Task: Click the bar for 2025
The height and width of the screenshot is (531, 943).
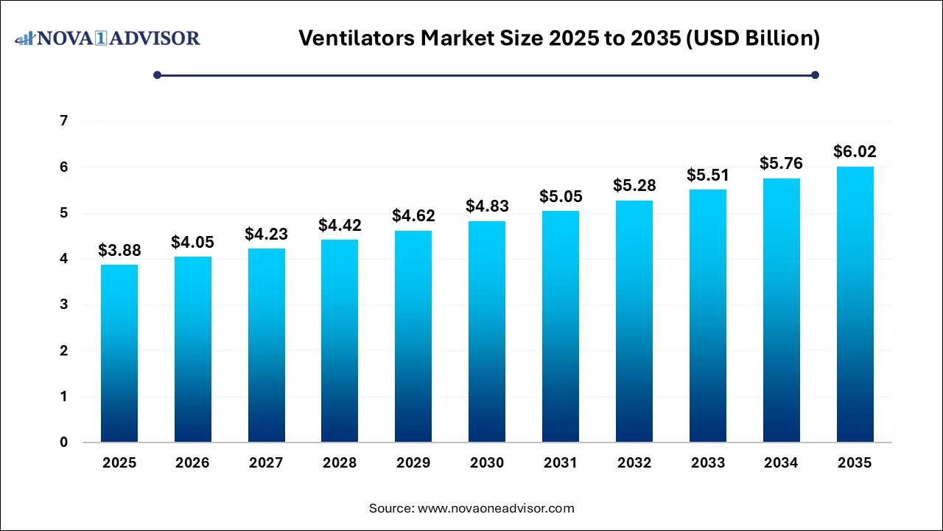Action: coord(119,353)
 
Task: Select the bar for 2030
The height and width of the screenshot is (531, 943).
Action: coord(487,331)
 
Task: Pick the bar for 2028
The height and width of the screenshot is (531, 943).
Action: coord(340,341)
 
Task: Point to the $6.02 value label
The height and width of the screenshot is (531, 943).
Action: coord(855,152)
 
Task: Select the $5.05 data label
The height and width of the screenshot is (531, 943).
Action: coord(561,197)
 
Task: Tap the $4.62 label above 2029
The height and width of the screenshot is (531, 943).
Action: coord(413,217)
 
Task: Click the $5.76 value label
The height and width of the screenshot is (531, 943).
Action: coord(781,164)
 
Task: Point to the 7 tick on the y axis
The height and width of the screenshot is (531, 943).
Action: coord(64,121)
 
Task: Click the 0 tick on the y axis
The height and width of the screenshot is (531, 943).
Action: coord(64,442)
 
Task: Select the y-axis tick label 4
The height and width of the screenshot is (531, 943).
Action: coord(64,259)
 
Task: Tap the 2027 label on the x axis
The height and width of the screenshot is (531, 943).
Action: coord(266,463)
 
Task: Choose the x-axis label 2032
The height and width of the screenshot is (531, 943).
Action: coord(634,463)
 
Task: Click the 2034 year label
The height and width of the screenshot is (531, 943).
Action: coord(781,463)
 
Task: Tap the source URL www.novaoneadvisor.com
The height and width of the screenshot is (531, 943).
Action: coord(496,508)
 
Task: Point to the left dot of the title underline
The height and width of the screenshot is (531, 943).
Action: coord(157,74)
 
